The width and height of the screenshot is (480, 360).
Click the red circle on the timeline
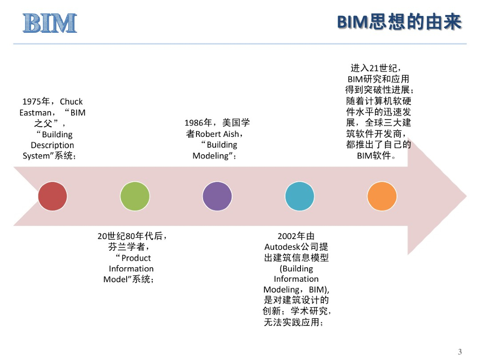pos(52,196)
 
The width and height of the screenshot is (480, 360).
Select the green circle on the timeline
pos(135,196)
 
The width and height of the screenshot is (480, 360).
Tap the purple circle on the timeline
pos(217,196)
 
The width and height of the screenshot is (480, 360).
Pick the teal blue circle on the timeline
pos(300,196)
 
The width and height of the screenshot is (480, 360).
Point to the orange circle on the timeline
pos(382,196)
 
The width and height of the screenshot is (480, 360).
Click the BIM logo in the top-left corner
pos(50,23)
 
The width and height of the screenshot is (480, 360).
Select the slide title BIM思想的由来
pos(399,22)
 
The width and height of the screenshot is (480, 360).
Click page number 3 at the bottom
pos(459,352)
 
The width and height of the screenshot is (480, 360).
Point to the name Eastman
pos(35,112)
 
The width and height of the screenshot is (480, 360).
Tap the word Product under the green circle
pos(136,258)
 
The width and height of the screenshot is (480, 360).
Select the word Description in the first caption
pos(52,145)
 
